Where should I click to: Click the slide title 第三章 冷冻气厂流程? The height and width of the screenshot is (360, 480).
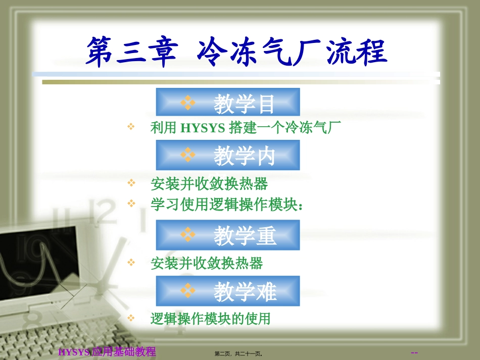pyautogui.click(x=236, y=52)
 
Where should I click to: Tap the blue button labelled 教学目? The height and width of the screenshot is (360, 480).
pyautogui.click(x=228, y=102)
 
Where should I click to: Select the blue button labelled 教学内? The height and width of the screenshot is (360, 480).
pyautogui.click(x=228, y=156)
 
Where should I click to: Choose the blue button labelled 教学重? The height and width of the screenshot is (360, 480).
pyautogui.click(x=228, y=235)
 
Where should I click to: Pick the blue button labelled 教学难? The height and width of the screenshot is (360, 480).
pyautogui.click(x=228, y=291)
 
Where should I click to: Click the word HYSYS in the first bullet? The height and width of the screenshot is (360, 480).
pyautogui.click(x=202, y=128)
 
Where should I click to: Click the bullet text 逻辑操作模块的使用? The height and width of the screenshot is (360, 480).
pyautogui.click(x=210, y=319)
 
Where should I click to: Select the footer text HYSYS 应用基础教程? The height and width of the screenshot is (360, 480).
pyautogui.click(x=107, y=352)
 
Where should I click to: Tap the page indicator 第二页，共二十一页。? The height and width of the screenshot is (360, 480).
pyautogui.click(x=238, y=353)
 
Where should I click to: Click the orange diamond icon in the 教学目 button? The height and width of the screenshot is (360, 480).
pyautogui.click(x=188, y=102)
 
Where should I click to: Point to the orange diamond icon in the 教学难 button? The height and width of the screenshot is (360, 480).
pyautogui.click(x=188, y=291)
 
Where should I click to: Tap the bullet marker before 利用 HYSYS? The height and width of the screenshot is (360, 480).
pyautogui.click(x=131, y=127)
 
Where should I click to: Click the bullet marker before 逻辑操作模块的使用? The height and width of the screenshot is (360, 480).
pyautogui.click(x=131, y=318)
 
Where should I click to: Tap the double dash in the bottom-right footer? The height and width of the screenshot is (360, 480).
pyautogui.click(x=414, y=352)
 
